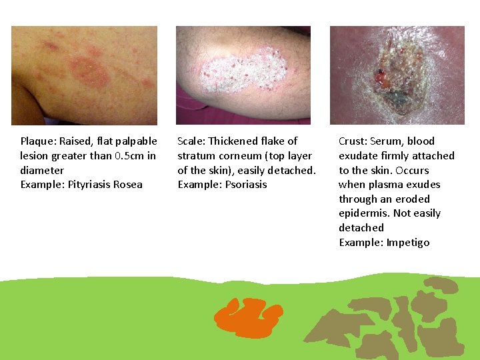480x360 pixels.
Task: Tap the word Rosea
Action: (127, 185)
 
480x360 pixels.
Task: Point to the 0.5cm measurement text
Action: (127, 156)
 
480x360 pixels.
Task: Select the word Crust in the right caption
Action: (353, 141)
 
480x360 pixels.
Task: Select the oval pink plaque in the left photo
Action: (90, 72)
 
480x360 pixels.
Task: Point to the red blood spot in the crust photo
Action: (382, 77)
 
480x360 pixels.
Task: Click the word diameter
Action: (42, 171)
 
